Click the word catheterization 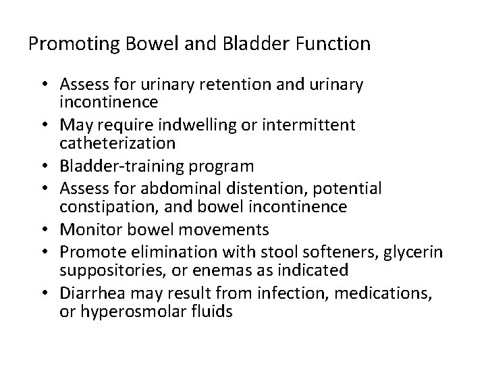click(117, 143)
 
